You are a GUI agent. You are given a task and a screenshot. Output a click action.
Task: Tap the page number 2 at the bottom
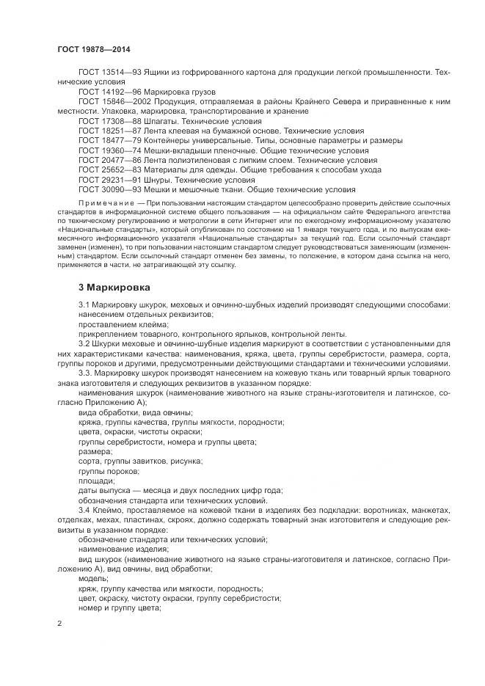pos(59,624)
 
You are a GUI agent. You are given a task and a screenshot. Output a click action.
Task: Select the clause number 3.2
pos(84,343)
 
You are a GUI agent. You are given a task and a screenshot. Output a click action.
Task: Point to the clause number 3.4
pos(84,509)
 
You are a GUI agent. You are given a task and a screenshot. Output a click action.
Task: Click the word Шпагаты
pos(153,120)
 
